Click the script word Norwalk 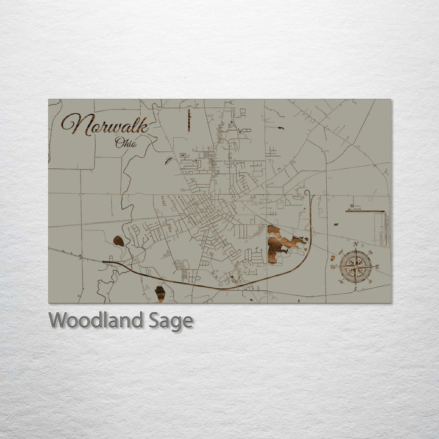click(x=105, y=124)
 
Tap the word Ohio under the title click(x=126, y=143)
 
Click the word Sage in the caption click(x=171, y=321)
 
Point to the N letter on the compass click(x=355, y=244)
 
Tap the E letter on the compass click(x=377, y=266)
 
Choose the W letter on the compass click(x=334, y=266)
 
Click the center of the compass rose click(x=355, y=266)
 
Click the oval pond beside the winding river click(x=118, y=241)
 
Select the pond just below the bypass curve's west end click(x=160, y=293)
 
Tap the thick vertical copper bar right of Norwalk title click(x=189, y=120)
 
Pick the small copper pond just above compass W click(x=333, y=258)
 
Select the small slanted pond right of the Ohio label click(x=168, y=162)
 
